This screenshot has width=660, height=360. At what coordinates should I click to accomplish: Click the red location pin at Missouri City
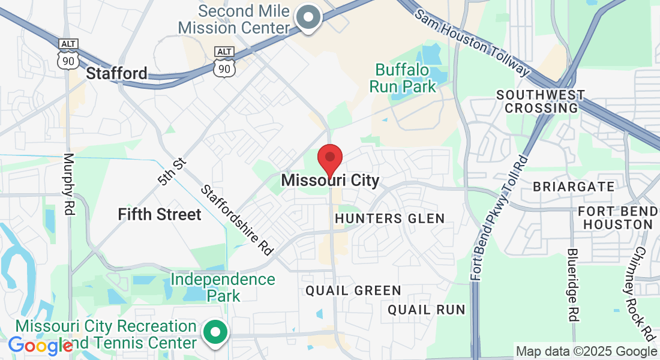[329, 158]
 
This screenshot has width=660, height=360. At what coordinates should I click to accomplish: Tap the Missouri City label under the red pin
[330, 180]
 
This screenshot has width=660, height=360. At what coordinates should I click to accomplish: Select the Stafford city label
[117, 74]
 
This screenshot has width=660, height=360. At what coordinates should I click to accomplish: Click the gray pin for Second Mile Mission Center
[310, 16]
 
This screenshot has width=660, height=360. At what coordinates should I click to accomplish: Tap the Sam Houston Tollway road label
[473, 43]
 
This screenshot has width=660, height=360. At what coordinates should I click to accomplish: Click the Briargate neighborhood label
[574, 187]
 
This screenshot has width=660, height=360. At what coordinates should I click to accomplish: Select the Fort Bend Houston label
[615, 218]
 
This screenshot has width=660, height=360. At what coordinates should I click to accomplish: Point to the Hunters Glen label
[390, 218]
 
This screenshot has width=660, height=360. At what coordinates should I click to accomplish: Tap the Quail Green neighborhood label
[353, 290]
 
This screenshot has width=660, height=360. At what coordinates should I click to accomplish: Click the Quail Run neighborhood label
[426, 310]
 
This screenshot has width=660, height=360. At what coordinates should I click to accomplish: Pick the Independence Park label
[223, 287]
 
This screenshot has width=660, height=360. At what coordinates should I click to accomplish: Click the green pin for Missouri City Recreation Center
[215, 334]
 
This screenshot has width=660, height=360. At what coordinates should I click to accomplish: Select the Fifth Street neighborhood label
[160, 214]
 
